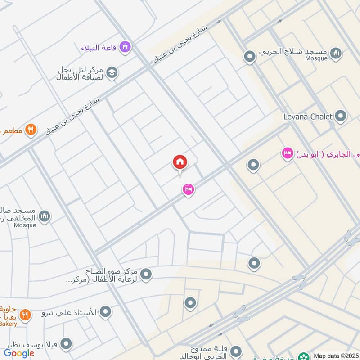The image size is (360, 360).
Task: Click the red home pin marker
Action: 180,162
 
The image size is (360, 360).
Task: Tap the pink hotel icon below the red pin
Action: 189,190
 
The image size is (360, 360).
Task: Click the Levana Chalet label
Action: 308,117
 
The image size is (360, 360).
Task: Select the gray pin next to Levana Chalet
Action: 341,117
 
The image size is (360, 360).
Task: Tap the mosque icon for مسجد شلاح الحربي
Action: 335,54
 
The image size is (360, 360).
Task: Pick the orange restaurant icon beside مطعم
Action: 31,130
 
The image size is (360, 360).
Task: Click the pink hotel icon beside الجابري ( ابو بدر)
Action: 287,154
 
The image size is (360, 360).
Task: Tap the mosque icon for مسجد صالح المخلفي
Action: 44,216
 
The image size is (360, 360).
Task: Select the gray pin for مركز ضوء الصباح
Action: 146,274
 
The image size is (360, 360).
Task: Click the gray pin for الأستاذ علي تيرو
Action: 105,311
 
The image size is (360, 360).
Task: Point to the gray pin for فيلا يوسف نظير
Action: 67,344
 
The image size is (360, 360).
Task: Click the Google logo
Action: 19,353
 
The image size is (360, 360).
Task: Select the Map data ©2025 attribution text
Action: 335,356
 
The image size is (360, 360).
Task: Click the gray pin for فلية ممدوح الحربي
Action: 237,351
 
